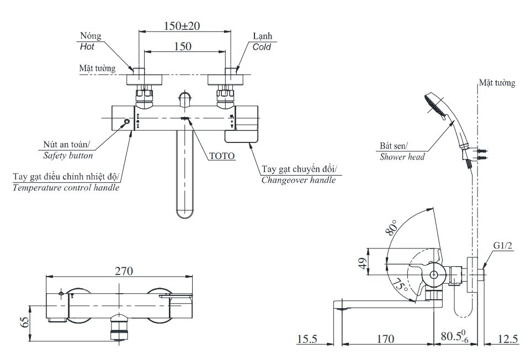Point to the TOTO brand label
pyautogui.click(x=222, y=156)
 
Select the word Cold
pyautogui.click(x=262, y=47)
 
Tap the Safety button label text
pyautogui.click(x=68, y=156)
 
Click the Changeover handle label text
pyautogui.click(x=298, y=180)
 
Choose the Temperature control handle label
pyautogui.click(x=66, y=188)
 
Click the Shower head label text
pyautogui.click(x=402, y=157)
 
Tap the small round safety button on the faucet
pyautogui.click(x=126, y=122)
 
